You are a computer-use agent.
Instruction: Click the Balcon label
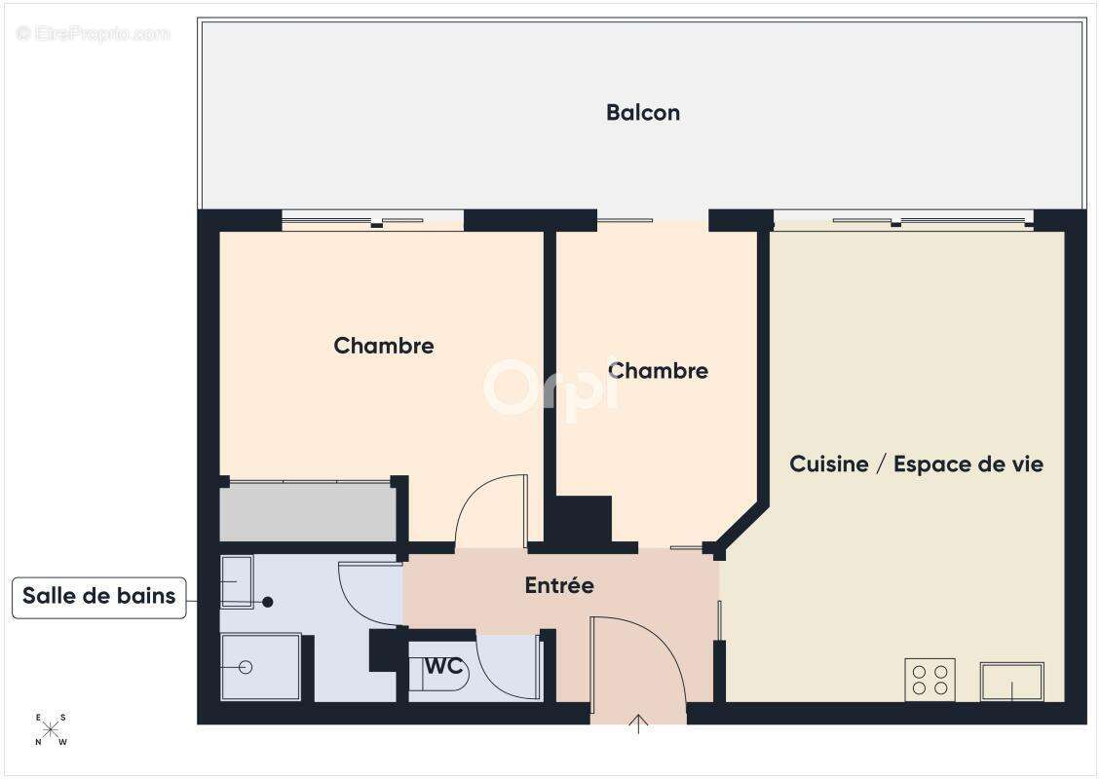(643, 113)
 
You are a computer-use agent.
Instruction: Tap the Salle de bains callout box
(99, 597)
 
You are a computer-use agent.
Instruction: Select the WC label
(443, 667)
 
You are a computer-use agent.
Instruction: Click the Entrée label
(559, 586)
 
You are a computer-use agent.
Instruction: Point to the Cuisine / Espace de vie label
(916, 464)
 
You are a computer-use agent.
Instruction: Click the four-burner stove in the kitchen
(930, 679)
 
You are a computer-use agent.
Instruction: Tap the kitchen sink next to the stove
(1011, 681)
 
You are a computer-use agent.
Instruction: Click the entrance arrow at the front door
(638, 723)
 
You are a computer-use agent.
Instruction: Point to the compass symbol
(51, 728)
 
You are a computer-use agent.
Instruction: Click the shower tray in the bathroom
(259, 666)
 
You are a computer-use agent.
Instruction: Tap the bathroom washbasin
(237, 581)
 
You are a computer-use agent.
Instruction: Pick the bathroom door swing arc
(368, 589)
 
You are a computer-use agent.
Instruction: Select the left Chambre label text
(384, 346)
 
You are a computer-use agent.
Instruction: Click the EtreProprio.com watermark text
(94, 33)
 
